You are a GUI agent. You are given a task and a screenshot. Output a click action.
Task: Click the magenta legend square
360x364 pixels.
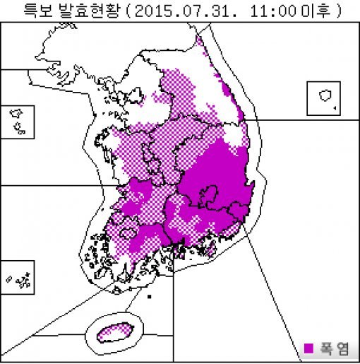(308, 348)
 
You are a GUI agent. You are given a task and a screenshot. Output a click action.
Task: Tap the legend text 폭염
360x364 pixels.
(332, 348)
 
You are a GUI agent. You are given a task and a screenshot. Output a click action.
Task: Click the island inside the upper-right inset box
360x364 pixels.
(325, 95)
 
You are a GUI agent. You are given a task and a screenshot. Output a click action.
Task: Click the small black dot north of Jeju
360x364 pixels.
(149, 297)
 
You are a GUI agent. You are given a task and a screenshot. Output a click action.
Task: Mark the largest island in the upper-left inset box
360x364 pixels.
(16, 113)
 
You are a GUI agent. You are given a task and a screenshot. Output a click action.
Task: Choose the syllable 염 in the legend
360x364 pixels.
(342, 348)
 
